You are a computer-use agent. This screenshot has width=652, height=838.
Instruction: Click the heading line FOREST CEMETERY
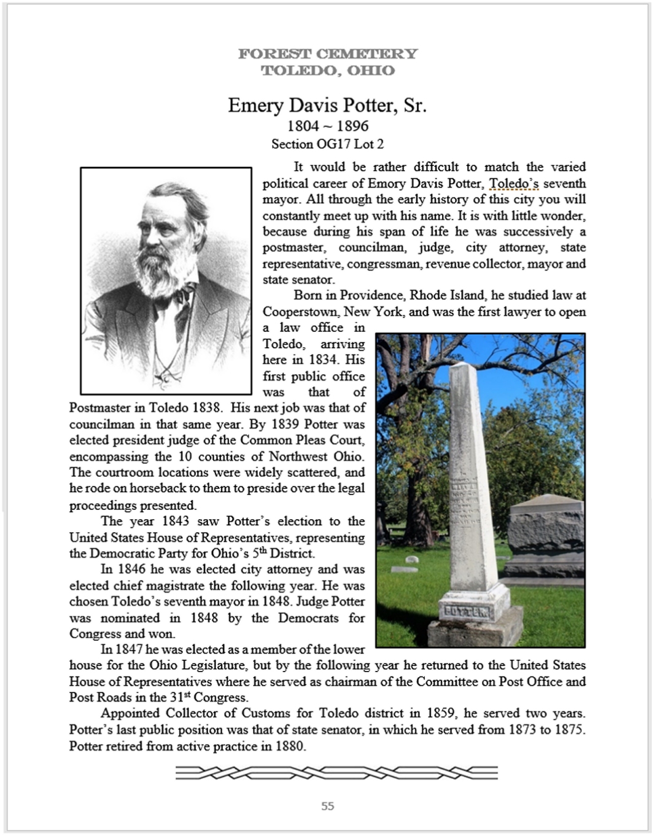pyautogui.click(x=327, y=54)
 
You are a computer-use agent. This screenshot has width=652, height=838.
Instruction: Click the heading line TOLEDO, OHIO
pyautogui.click(x=327, y=71)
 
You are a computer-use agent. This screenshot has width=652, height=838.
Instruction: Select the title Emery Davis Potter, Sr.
pyautogui.click(x=327, y=106)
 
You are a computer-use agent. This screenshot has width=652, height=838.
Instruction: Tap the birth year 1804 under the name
pyautogui.click(x=303, y=127)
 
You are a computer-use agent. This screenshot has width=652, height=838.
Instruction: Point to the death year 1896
pyautogui.click(x=352, y=127)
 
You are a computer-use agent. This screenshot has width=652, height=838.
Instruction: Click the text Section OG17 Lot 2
pyautogui.click(x=327, y=144)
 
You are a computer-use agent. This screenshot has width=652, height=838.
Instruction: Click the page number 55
pyautogui.click(x=327, y=806)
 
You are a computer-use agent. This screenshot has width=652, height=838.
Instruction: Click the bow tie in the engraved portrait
pyautogui.click(x=183, y=293)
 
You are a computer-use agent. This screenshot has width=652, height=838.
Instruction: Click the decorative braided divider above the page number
pyautogui.click(x=336, y=772)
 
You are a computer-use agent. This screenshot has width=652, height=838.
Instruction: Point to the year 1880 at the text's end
pyautogui.click(x=290, y=746)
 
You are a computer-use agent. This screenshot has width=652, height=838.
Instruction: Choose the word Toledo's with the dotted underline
pyautogui.click(x=513, y=184)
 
